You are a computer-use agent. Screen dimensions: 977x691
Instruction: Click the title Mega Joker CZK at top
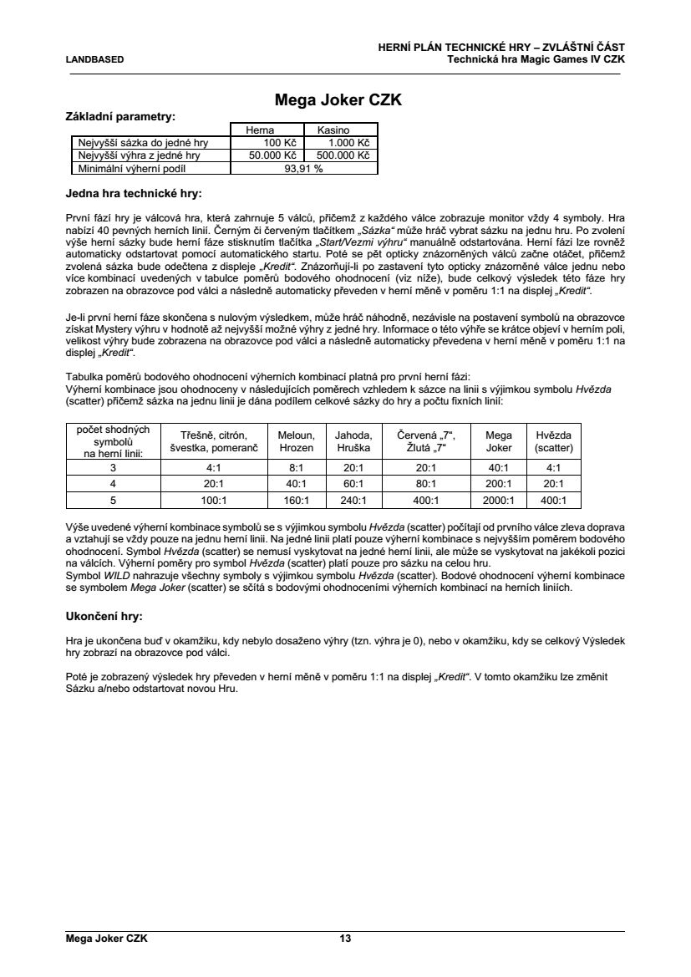coord(338,100)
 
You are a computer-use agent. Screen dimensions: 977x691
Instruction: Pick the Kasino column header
coord(340,130)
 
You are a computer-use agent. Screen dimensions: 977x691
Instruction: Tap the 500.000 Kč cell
coord(340,155)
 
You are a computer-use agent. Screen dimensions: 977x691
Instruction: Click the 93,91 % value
coord(303,168)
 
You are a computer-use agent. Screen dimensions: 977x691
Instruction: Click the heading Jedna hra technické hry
coord(134,194)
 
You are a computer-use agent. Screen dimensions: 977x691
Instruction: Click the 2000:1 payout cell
coord(499,501)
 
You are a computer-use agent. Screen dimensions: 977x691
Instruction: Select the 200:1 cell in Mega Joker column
coord(499,485)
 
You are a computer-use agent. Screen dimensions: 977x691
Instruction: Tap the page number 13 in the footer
coord(345,939)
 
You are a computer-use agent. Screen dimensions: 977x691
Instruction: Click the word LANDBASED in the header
coord(94,59)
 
